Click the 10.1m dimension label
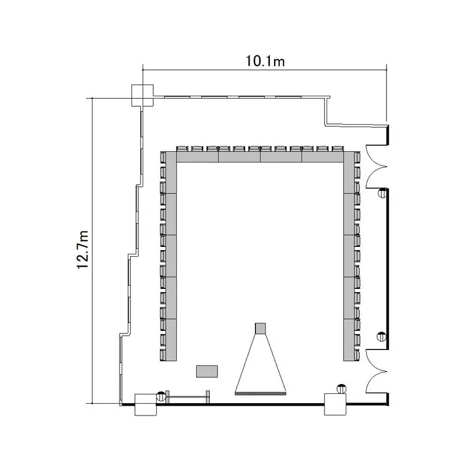[x=265, y=61]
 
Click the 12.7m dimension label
[x=83, y=249]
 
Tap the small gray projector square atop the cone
[x=260, y=328]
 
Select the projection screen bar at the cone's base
[x=261, y=393]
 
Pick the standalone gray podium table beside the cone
[x=207, y=371]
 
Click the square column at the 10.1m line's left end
[x=143, y=95]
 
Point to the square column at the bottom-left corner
[x=146, y=404]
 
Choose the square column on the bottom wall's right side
[x=335, y=404]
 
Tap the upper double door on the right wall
[x=377, y=167]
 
